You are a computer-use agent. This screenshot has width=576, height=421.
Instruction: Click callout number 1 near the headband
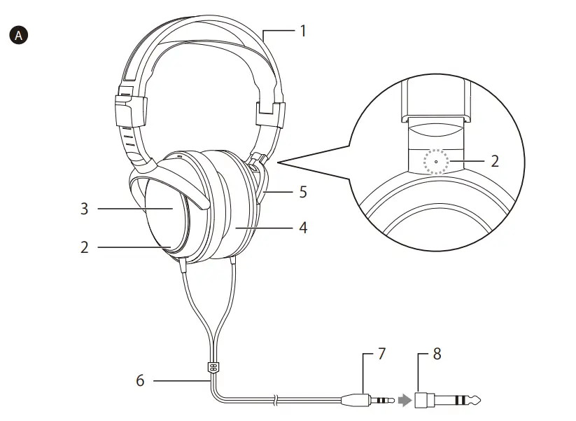click(303, 31)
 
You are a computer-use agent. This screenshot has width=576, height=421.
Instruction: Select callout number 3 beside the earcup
click(84, 208)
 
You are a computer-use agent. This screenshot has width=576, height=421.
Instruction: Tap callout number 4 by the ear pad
click(302, 228)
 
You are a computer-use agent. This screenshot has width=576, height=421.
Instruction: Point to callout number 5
click(302, 192)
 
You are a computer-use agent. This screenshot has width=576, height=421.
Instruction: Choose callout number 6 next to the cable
click(140, 380)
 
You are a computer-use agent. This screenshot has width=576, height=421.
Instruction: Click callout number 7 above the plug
click(381, 354)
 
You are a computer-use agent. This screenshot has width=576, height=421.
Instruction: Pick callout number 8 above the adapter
click(437, 354)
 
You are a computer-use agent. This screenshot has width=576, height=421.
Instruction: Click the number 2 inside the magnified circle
click(495, 161)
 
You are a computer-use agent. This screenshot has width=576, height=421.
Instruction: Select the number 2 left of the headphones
click(84, 247)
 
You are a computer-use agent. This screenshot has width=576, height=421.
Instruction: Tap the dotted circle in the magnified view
click(436, 162)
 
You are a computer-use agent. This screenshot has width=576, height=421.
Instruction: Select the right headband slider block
click(269, 113)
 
